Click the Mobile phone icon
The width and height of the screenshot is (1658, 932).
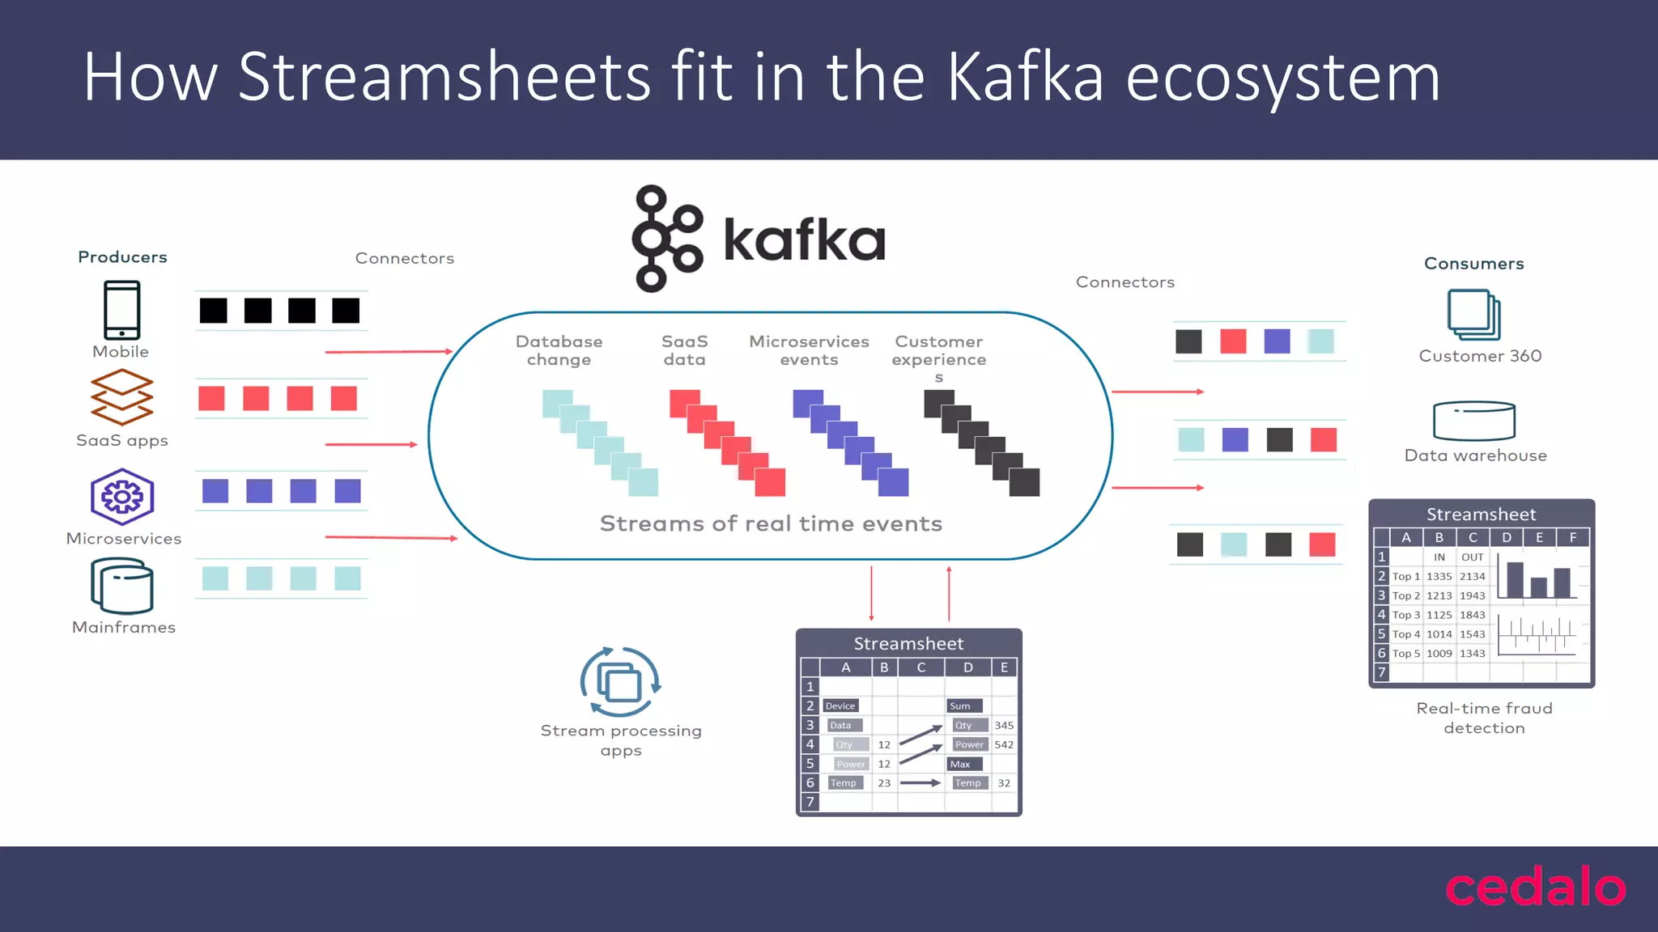click(121, 310)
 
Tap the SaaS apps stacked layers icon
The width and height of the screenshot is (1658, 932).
click(121, 397)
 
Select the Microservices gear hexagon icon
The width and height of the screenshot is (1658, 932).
click(122, 497)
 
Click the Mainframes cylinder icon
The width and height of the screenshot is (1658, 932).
click(122, 587)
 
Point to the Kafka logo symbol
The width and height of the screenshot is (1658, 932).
click(667, 239)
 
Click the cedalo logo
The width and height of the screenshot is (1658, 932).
click(1535, 888)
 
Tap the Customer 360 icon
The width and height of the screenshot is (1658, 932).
click(1473, 315)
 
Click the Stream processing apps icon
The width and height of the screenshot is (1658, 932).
click(620, 682)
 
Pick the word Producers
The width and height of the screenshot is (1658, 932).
click(122, 257)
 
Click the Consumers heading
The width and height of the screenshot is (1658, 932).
click(1473, 264)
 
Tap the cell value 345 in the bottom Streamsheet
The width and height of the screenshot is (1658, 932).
click(1004, 726)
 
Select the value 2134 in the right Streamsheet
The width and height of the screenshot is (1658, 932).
click(1472, 577)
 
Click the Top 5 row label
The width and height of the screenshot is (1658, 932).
click(1405, 654)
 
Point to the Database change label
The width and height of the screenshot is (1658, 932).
click(559, 350)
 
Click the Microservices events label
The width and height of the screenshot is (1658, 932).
click(809, 350)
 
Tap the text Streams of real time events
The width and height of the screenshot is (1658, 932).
click(771, 524)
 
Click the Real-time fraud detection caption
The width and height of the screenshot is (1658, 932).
click(1484, 718)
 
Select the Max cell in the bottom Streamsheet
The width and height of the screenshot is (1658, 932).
click(961, 765)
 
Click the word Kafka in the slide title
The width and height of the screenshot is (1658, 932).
click(1025, 77)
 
